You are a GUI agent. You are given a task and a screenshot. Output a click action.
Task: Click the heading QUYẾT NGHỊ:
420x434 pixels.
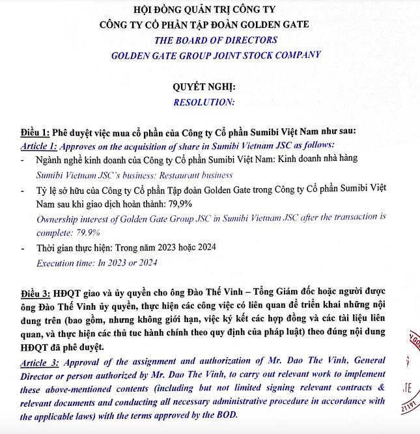(x=204, y=87)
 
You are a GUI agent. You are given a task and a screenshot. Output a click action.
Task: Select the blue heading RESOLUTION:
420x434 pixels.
(x=204, y=102)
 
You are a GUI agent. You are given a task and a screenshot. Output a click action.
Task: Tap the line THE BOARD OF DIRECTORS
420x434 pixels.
(x=216, y=40)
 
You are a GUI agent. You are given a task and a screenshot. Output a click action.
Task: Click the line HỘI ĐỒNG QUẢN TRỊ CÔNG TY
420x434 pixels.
(x=204, y=10)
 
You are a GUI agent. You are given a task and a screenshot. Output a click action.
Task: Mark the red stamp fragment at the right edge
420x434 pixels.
(x=412, y=371)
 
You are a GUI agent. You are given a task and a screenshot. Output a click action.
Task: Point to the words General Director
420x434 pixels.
(x=345, y=360)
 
